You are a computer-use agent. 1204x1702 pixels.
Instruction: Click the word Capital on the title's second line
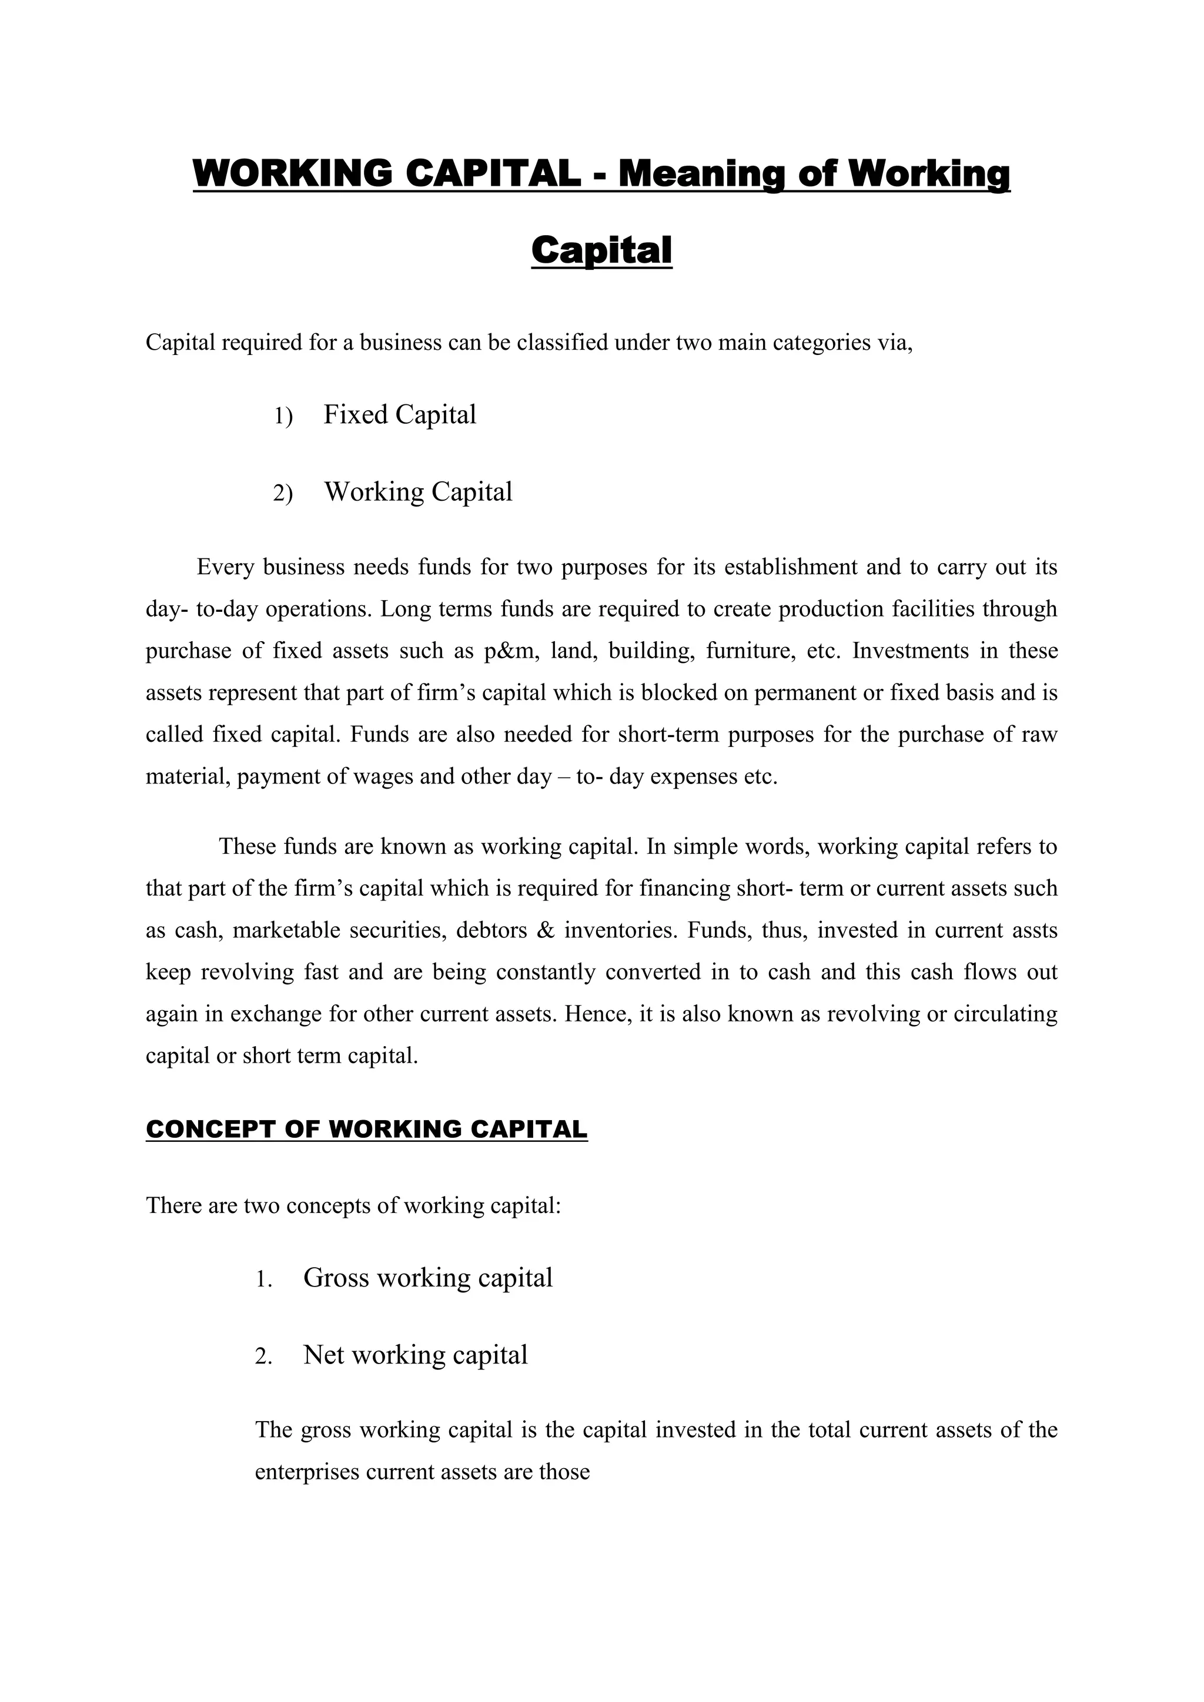601,250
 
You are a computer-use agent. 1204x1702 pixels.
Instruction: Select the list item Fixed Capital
400,414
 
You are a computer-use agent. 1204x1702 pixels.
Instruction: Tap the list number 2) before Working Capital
282,493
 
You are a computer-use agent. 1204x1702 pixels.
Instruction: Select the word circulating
1002,1013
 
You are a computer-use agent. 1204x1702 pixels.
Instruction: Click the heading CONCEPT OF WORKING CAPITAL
366,1129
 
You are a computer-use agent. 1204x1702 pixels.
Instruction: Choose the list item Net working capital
415,1354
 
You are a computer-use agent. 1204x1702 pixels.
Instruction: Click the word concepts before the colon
329,1205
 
